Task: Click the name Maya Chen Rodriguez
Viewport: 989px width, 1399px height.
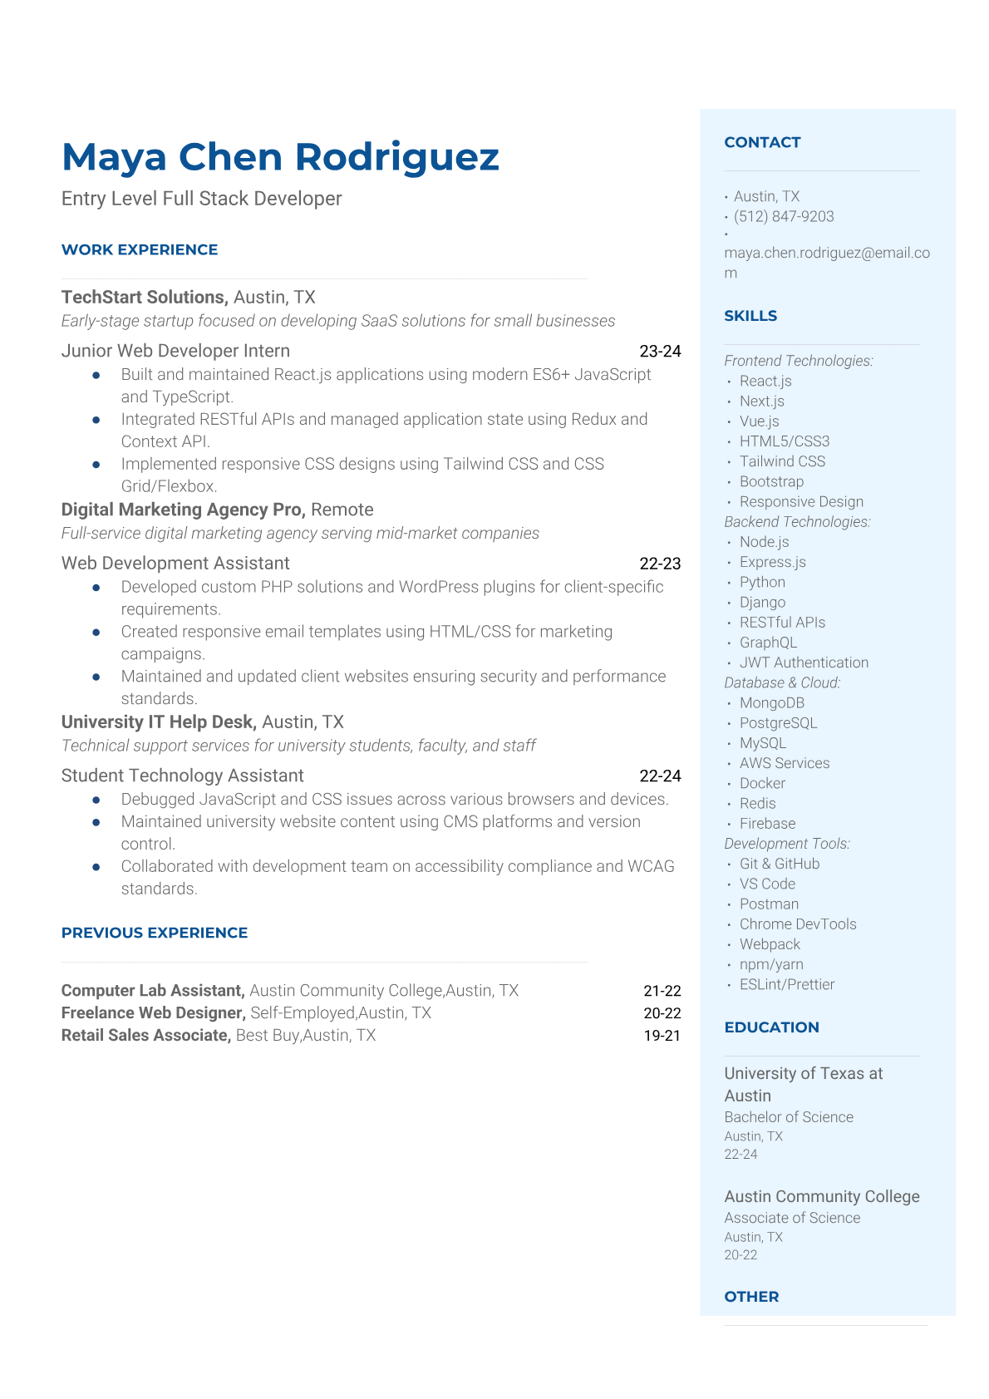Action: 280,157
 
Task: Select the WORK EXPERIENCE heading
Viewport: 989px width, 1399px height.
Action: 140,249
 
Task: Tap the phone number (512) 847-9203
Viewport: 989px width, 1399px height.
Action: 784,216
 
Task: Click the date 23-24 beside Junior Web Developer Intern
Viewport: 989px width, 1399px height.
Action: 660,351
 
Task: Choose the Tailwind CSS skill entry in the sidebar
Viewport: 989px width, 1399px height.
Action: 782,461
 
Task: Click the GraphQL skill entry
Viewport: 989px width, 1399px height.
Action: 768,643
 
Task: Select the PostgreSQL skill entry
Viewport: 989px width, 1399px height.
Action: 778,723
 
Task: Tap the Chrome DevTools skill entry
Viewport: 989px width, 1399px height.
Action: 798,924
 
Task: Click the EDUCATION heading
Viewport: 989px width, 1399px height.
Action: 771,1027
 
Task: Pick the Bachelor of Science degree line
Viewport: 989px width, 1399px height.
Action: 789,1117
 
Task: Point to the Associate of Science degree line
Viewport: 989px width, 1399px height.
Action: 792,1218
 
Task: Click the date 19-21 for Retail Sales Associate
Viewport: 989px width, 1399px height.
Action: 662,1036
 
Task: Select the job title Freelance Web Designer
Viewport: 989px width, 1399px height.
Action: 153,1013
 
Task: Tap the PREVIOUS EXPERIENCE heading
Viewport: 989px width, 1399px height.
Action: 155,933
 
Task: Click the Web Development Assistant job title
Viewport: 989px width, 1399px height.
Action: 175,563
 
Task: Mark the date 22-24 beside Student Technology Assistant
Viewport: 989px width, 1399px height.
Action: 660,776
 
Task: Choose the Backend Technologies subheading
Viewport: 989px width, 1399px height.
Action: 797,522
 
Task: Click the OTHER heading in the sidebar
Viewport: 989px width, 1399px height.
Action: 751,1297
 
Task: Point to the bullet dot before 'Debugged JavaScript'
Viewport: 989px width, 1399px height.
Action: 96,800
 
